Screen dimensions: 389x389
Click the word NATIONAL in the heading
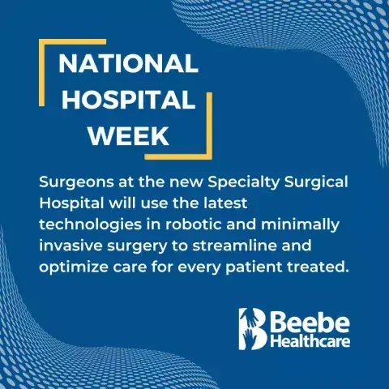tap(128, 64)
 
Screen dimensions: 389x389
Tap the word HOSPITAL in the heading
tap(129, 100)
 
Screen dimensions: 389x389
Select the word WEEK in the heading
tap(129, 135)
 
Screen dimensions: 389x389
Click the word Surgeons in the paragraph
tap(76, 183)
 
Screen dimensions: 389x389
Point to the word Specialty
tap(243, 183)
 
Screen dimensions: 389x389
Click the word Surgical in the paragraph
tap(316, 183)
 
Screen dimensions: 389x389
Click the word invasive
tap(71, 246)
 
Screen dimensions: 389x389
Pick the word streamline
tap(234, 246)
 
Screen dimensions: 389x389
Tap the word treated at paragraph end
tap(314, 267)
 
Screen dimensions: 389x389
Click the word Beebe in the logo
tap(310, 322)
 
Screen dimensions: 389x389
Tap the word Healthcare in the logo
tap(310, 341)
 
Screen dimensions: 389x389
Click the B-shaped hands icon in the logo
tap(253, 329)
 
